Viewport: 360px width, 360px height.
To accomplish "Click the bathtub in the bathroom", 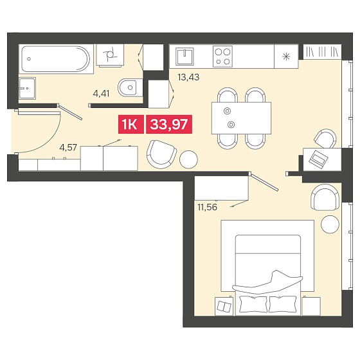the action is (x=56, y=59).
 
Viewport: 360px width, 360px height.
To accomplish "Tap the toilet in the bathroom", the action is (x=128, y=87).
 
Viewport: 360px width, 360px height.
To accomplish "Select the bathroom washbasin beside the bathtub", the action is (x=27, y=88).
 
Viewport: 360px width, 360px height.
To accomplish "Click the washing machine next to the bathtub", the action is (x=110, y=55).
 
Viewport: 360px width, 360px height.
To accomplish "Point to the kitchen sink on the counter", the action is (x=184, y=56).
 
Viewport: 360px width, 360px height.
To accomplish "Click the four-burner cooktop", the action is (x=222, y=57).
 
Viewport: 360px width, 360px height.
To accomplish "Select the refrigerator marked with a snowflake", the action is (x=286, y=57).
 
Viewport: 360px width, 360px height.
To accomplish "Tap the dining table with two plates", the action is (x=241, y=118).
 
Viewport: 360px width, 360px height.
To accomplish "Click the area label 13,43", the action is (x=188, y=77).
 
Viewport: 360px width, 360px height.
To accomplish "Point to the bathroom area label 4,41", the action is (x=102, y=93).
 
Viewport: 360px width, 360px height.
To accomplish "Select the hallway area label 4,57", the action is (x=68, y=147).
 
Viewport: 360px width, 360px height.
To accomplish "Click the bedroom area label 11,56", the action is (x=207, y=207).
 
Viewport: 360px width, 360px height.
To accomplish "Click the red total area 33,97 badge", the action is (x=169, y=124).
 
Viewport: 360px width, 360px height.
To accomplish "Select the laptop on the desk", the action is (x=318, y=158).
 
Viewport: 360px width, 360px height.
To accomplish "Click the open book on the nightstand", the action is (x=224, y=307).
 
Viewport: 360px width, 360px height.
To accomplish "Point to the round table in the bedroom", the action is (x=330, y=224).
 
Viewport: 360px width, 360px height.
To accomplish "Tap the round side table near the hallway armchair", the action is (x=188, y=159).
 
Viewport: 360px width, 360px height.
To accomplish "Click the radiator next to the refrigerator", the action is (x=322, y=51).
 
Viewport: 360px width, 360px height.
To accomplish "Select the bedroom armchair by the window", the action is (x=325, y=197).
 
